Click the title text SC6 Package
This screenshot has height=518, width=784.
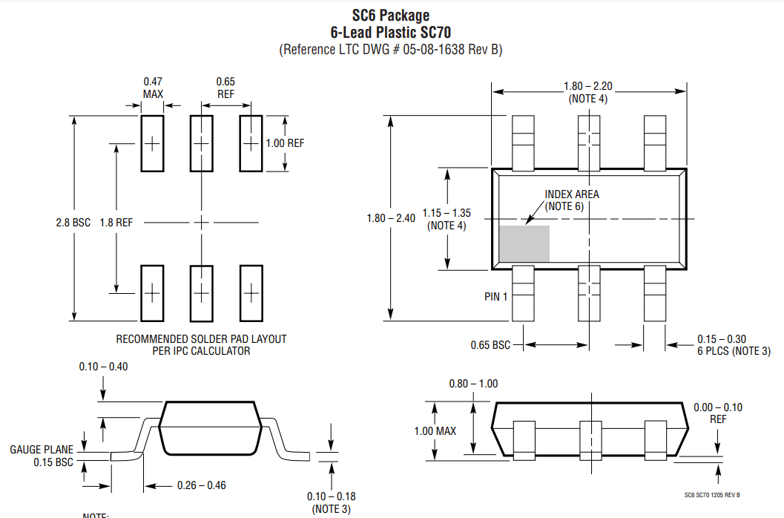coord(390,16)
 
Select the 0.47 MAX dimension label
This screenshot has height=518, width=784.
coord(153,88)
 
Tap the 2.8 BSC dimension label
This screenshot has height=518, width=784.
coord(73,223)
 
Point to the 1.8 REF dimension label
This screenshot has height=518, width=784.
coord(116,223)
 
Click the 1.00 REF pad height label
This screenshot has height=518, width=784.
coord(285,143)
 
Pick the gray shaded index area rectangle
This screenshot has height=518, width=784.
coord(524,243)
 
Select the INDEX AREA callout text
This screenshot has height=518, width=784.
coord(572,194)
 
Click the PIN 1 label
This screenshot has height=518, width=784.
coord(495,297)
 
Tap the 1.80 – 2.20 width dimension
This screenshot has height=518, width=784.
coord(588,86)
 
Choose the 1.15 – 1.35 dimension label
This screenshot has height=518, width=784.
coord(447,213)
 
